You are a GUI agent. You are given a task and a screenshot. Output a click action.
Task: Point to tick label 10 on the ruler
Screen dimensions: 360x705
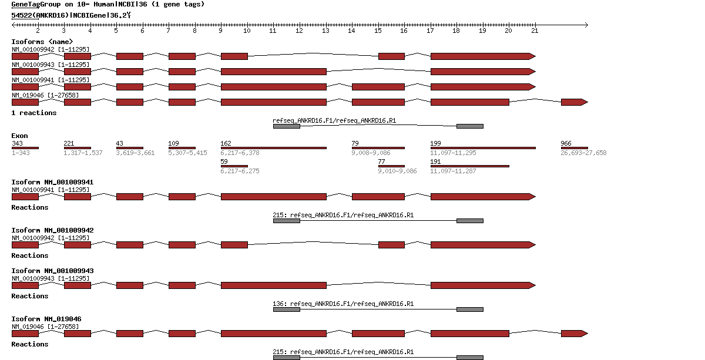coord(247,31)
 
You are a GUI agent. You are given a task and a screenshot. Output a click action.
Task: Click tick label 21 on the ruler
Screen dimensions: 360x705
coord(534,31)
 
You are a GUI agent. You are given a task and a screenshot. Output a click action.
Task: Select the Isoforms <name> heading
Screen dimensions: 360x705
coord(42,42)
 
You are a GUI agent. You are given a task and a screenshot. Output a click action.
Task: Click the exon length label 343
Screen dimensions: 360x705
coord(17,144)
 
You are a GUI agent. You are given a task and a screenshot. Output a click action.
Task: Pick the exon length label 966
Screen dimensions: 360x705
coord(566,144)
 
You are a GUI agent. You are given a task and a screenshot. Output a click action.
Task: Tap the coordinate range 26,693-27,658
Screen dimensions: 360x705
coord(583,153)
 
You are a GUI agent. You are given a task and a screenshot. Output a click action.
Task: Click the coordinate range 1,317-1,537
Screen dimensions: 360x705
coord(83,153)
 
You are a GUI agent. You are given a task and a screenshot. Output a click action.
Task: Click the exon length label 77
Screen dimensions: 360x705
coord(381,162)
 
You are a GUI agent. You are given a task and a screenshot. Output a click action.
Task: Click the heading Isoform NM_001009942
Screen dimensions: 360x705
coord(52,230)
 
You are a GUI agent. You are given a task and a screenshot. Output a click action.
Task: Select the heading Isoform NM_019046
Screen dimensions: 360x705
coord(46,319)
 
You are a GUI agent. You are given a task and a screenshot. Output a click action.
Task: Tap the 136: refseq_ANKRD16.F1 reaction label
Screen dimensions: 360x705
coord(343,304)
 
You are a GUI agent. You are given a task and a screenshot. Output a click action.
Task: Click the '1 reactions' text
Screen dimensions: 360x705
coord(34,113)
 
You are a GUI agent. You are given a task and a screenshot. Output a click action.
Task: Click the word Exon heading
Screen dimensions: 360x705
coord(19,136)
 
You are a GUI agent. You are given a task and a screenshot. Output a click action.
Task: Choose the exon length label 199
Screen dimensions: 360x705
coord(435,144)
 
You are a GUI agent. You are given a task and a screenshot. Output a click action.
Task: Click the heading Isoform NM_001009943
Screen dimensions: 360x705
coord(52,271)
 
